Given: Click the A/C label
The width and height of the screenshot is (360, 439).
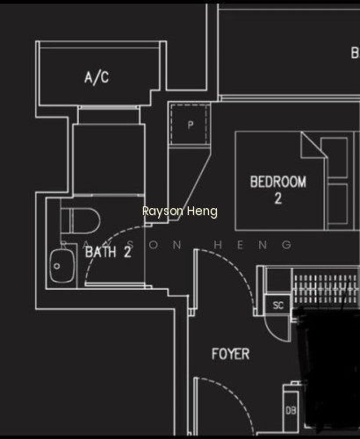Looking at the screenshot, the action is (97, 77).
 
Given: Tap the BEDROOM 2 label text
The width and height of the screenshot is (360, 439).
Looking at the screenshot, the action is (278, 190).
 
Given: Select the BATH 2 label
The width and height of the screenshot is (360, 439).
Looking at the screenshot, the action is (108, 252).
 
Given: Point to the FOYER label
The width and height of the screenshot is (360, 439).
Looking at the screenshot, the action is (231, 354).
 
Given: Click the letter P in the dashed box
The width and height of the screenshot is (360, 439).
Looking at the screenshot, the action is (191, 126).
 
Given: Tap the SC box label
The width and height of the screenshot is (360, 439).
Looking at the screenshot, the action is (278, 306).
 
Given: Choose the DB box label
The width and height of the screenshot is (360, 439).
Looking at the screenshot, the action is (291, 411).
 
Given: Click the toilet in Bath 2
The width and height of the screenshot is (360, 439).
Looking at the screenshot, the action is (81, 221).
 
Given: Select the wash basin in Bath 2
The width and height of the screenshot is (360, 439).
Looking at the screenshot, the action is (62, 266).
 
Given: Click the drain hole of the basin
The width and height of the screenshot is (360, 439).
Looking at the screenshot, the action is (57, 266).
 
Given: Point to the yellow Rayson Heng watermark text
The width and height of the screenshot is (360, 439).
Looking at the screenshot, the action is (180, 211).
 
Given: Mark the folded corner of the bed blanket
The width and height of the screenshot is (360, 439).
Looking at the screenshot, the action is (313, 144).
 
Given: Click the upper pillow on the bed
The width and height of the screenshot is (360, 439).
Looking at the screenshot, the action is (335, 157).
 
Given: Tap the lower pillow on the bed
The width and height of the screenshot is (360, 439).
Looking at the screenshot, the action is (338, 204).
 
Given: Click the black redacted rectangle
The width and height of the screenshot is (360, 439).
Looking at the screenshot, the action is (328, 370).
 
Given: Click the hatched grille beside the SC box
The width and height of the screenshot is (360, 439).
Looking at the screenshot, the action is (326, 289).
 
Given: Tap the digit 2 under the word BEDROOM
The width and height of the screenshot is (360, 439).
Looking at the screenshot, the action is (278, 198).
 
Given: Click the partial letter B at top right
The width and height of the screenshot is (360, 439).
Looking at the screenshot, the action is (355, 53).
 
